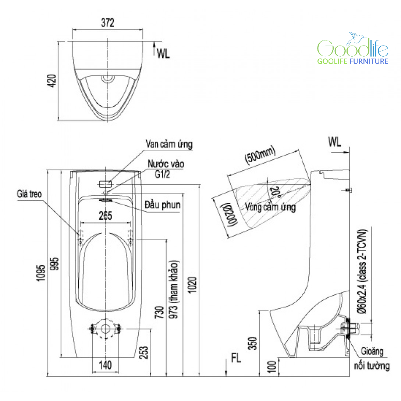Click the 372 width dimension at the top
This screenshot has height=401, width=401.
108,23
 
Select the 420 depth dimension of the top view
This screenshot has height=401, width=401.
52,81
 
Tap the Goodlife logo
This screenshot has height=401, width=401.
353,48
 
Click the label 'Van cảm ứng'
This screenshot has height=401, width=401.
169,144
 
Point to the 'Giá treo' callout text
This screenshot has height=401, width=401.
29,194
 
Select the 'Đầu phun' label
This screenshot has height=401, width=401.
163,205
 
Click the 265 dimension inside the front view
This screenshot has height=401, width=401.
105,216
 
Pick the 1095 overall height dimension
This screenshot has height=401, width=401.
41,273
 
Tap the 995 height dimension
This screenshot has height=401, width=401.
54,264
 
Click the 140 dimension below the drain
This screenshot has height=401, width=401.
105,365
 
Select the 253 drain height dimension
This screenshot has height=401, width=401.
144,352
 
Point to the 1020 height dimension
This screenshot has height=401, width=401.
192,285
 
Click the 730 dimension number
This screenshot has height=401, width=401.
159,312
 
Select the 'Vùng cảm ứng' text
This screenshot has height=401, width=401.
270,207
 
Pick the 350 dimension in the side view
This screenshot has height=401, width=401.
252,343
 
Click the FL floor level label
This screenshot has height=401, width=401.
236,358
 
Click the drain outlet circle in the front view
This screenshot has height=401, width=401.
105,329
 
